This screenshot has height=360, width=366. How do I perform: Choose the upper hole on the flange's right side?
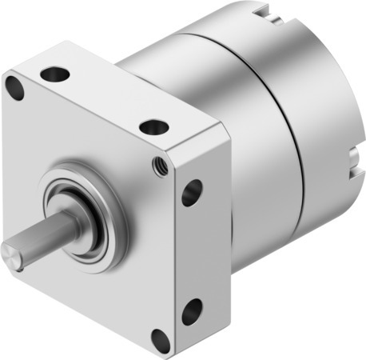click(192, 193)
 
